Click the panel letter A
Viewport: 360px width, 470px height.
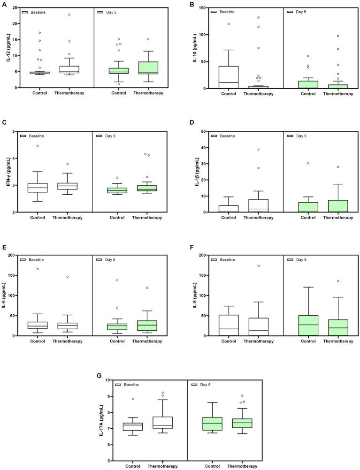pos(4,4)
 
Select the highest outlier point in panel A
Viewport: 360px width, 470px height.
pos(69,15)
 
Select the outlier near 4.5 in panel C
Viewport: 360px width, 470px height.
pos(37,146)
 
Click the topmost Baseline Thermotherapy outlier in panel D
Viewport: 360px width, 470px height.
pos(258,150)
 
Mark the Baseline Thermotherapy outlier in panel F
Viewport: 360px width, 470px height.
pos(258,266)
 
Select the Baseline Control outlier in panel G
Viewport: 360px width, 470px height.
pos(133,399)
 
